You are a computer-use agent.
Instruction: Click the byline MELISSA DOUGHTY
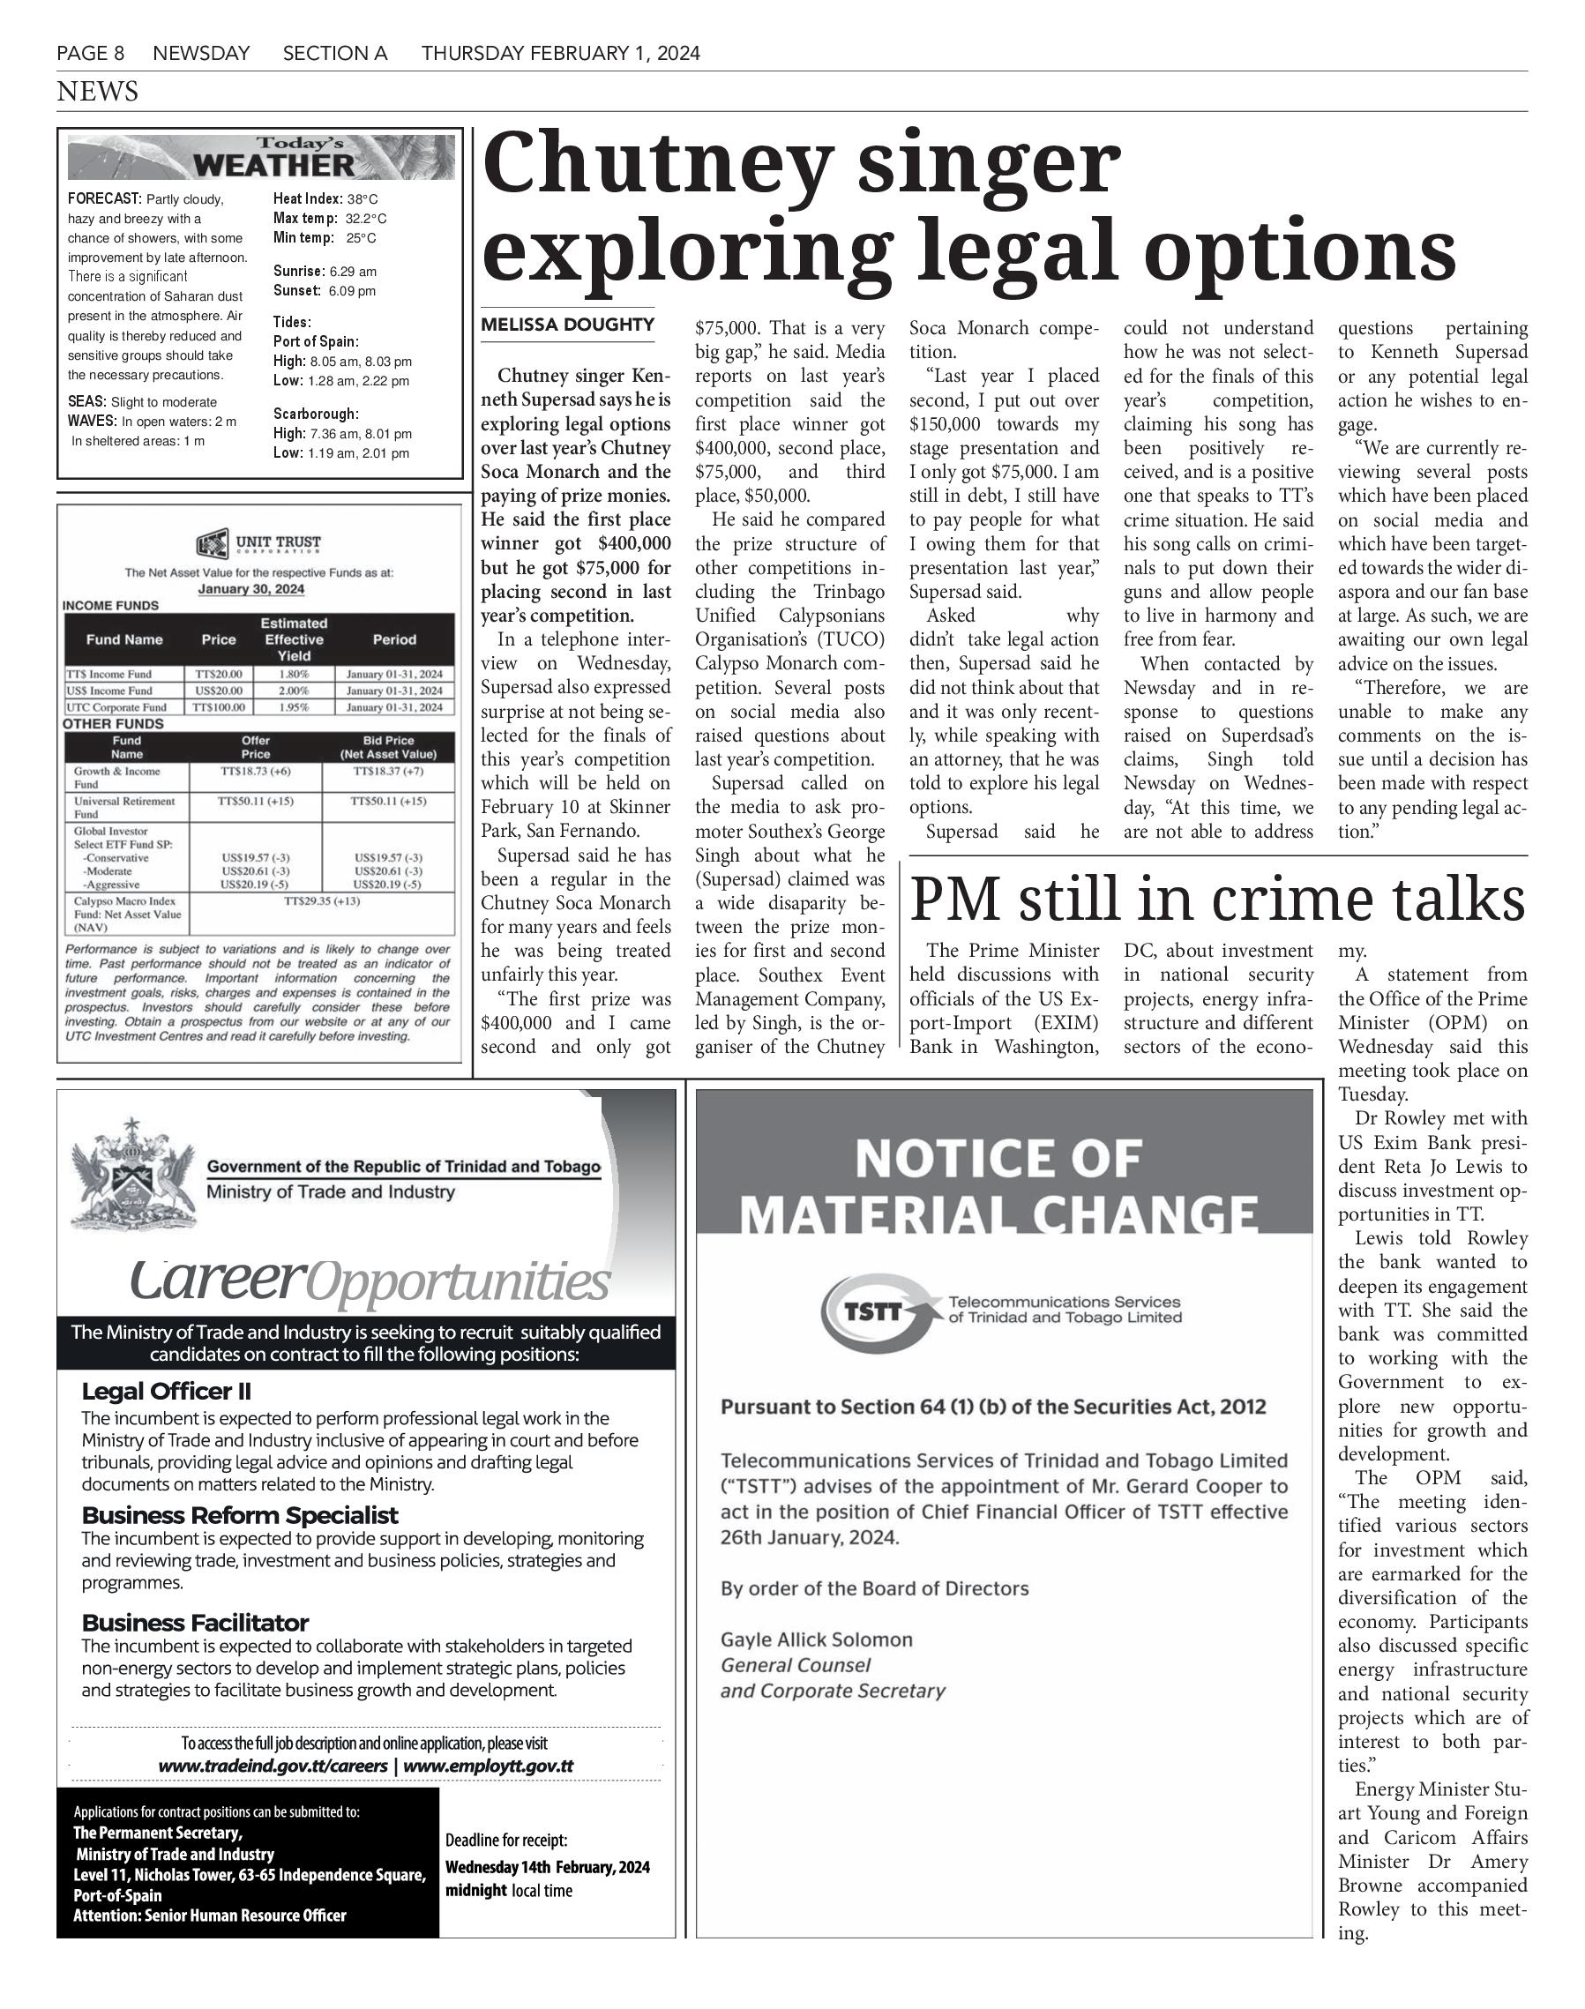tap(567, 325)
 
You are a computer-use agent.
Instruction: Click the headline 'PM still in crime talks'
tap(1216, 900)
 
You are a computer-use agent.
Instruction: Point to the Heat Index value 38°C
tap(362, 199)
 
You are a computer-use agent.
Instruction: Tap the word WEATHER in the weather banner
tap(273, 166)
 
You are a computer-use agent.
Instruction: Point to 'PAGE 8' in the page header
tap(90, 54)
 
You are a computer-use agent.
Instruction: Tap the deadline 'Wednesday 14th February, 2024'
tap(548, 1867)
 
